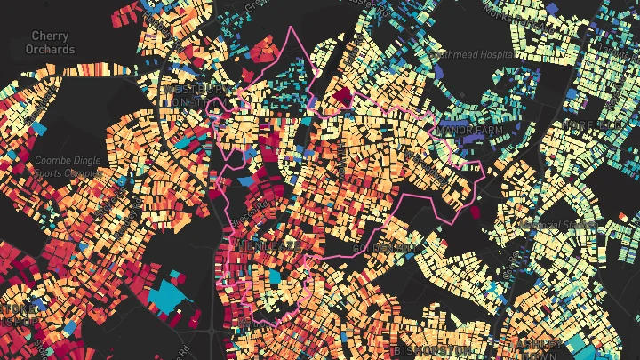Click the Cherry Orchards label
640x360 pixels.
click(50, 43)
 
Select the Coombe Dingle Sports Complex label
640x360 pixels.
click(67, 167)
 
